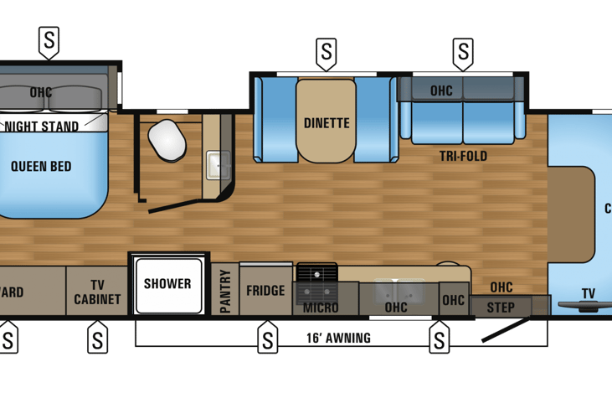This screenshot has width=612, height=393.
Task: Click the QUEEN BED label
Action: pos(40,166)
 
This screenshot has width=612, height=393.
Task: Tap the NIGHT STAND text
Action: pos(42,127)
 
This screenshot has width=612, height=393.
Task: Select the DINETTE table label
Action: pos(327,123)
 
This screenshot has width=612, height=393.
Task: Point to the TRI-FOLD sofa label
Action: pos(463,156)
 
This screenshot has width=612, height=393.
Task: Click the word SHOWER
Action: pos(167,283)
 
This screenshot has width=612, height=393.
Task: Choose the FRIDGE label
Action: pos(265,291)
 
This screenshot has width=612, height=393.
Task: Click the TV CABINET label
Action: pos(97,292)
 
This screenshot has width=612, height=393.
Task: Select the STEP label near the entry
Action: pos(501,308)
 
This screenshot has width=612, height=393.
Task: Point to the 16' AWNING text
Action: pos(338,339)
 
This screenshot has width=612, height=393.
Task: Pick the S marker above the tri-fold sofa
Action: pos(462,54)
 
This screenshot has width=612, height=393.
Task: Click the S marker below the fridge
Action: pos(267,339)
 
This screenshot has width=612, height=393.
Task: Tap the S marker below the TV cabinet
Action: pos(97,339)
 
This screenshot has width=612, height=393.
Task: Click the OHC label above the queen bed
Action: pos(40,92)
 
